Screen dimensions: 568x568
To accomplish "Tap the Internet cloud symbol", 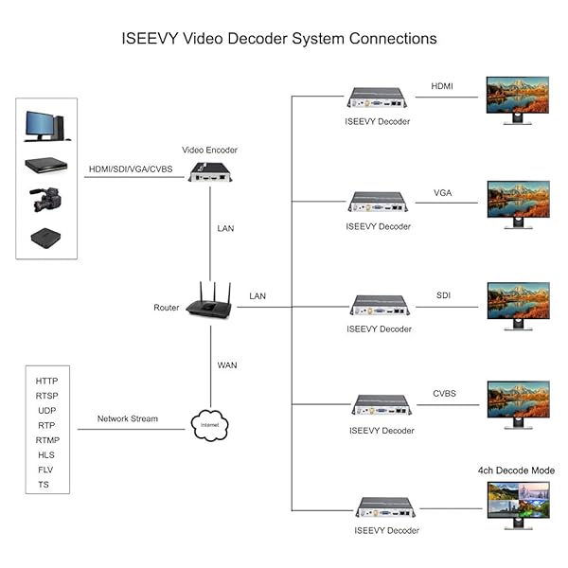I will click(210, 423).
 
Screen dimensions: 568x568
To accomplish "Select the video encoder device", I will click(209, 171).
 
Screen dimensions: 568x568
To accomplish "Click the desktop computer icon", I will click(44, 126).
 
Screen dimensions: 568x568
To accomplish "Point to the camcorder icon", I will click(45, 202).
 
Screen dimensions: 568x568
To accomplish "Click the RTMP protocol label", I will click(47, 440).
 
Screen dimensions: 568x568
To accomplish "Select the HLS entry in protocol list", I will click(47, 454).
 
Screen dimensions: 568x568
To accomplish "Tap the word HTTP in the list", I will click(47, 381).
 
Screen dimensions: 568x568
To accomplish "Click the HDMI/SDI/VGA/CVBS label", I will click(131, 169).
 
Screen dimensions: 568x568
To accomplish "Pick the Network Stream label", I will click(128, 418).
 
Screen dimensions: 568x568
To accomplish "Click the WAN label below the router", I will click(227, 364).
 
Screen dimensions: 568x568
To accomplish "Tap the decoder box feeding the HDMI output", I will click(378, 98).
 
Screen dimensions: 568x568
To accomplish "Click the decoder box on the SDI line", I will click(379, 304).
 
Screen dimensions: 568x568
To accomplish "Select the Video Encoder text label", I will click(209, 151).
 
